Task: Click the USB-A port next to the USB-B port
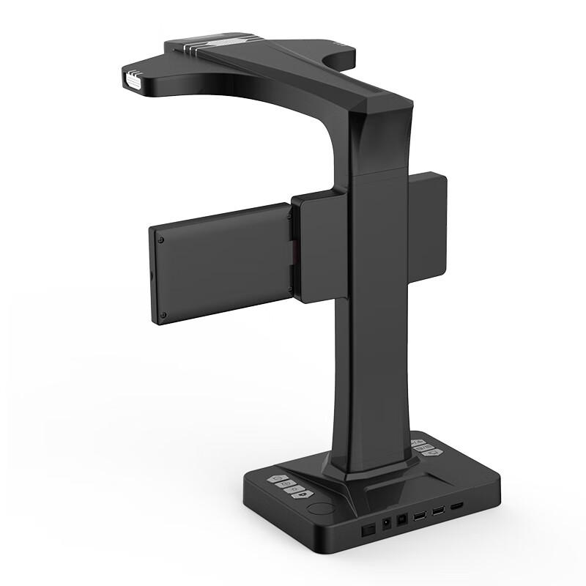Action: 420,516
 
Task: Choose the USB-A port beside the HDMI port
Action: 438,511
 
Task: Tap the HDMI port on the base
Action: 456,506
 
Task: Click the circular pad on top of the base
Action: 319,507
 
